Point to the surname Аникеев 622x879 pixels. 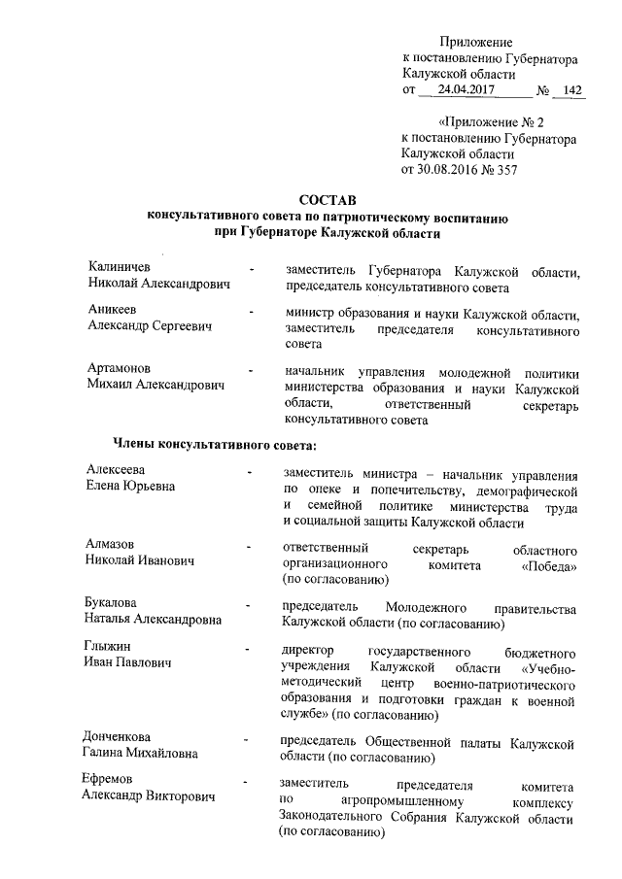point(112,311)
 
